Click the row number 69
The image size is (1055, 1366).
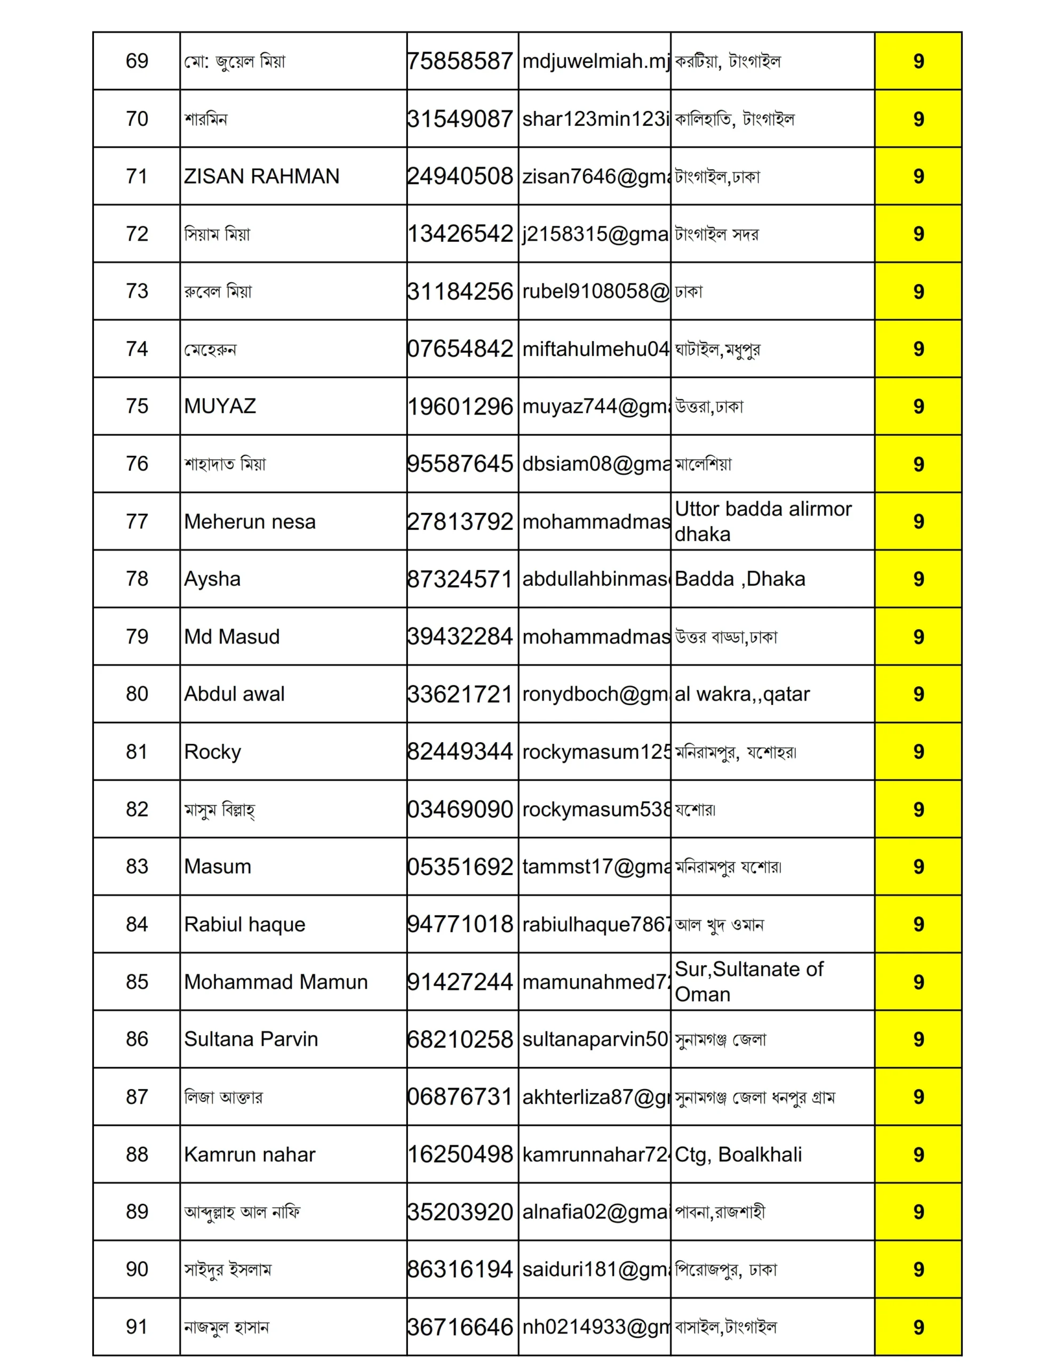(137, 61)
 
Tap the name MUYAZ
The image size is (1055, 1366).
(220, 407)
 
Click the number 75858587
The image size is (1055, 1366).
(461, 61)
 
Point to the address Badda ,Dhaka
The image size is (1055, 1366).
(740, 579)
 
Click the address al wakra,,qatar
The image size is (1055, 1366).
(742, 694)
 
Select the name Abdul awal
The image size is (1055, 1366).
(234, 694)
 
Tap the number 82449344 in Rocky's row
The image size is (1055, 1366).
(461, 752)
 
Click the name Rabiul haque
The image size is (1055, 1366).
(244, 924)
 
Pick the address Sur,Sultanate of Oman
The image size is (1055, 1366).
(748, 982)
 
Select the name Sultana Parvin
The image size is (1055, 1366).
(251, 1039)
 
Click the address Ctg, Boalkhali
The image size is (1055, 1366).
(738, 1155)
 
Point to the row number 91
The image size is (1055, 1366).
(137, 1327)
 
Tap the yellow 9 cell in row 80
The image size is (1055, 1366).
(918, 694)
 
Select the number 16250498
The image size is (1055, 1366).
(461, 1155)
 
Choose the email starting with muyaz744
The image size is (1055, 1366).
(595, 407)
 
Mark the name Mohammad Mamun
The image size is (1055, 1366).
(276, 982)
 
